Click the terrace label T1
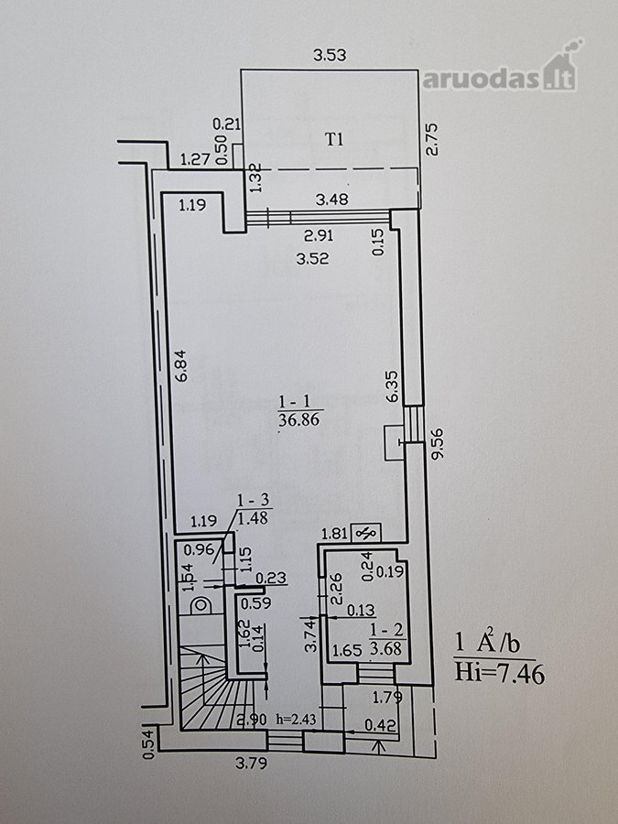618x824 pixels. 334,140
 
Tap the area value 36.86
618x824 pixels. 299,420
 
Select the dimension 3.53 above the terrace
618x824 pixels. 330,55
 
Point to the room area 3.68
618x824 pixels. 386,649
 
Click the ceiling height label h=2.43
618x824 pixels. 296,719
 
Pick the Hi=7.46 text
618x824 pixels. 499,673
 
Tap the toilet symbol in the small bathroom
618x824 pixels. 201,605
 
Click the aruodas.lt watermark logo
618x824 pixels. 502,69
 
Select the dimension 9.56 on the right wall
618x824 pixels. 438,443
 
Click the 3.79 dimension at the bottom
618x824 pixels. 251,763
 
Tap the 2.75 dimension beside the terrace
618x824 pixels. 432,139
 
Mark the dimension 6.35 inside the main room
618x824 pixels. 392,386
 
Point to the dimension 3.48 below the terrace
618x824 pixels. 331,200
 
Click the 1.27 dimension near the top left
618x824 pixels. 195,158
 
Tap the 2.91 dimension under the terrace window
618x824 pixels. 319,235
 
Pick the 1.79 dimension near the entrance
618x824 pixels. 387,698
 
